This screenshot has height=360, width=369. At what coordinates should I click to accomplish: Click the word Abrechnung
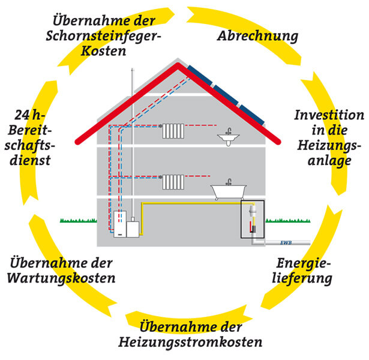(257, 36)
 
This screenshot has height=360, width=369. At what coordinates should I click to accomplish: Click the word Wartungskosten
(72, 278)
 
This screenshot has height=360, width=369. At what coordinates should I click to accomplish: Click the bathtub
(228, 191)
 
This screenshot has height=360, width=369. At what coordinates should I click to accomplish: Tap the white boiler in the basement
(122, 225)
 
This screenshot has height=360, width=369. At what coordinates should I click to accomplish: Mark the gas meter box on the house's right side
(252, 220)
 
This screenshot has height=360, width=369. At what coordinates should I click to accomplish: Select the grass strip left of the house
(78, 221)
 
